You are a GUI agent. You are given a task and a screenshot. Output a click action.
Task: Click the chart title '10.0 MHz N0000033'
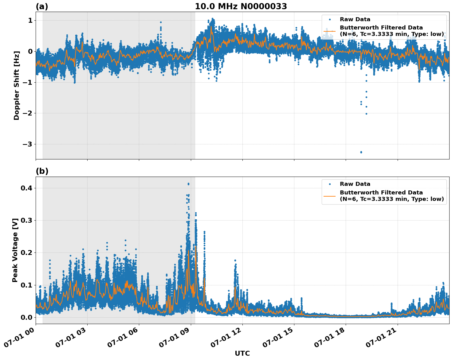pyautogui.click(x=241, y=6)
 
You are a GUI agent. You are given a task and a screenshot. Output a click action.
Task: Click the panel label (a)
pyautogui.click(x=42, y=6)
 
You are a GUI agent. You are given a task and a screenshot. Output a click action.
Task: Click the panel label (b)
pyautogui.click(x=42, y=171)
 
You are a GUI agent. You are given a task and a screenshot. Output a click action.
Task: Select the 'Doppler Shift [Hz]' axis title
pyautogui.click(x=17, y=85)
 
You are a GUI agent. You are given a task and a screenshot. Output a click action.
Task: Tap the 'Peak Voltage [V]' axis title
pyautogui.click(x=15, y=250)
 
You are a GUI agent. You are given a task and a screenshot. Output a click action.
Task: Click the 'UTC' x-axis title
pyautogui.click(x=242, y=353)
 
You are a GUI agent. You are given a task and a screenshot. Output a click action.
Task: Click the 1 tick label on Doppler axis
pyautogui.click(x=30, y=21)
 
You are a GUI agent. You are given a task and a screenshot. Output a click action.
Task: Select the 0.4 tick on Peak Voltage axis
pyautogui.click(x=26, y=188)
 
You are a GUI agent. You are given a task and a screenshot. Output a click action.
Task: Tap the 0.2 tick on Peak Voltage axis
pyautogui.click(x=26, y=252)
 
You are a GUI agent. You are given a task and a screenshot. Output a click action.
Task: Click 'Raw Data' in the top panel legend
pyautogui.click(x=355, y=19)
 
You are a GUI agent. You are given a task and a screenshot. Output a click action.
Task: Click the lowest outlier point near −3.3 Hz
pyautogui.click(x=361, y=152)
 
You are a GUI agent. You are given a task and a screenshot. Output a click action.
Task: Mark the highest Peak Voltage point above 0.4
pyautogui.click(x=188, y=184)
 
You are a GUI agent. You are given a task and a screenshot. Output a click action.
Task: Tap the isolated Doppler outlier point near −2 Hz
pyautogui.click(x=366, y=114)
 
